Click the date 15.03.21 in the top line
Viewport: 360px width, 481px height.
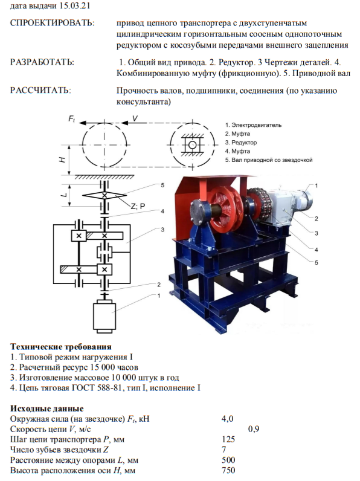[x=74, y=6]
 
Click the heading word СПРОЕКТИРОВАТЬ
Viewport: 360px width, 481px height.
[x=53, y=23]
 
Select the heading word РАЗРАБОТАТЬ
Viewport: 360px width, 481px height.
[x=42, y=62]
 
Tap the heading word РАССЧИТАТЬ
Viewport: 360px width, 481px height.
[x=41, y=91]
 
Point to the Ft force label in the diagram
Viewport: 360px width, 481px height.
[x=71, y=118]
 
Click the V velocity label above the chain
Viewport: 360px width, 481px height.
[x=135, y=118]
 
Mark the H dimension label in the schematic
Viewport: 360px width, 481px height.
[x=62, y=160]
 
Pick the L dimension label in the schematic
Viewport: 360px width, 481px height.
[x=63, y=195]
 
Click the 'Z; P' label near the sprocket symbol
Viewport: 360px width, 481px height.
[x=138, y=207]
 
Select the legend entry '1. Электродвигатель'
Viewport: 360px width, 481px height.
[x=253, y=125]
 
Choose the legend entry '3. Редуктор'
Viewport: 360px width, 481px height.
[x=241, y=143]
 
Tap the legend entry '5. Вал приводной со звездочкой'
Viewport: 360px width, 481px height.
[x=269, y=160]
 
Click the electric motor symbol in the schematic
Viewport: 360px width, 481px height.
[x=104, y=315]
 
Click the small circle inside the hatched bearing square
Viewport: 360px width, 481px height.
[x=192, y=145]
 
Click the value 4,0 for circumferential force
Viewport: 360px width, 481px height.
[x=228, y=419]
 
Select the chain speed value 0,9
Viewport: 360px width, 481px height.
[x=254, y=429]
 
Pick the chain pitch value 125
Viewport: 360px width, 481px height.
[x=228, y=439]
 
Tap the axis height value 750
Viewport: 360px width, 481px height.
[x=228, y=470]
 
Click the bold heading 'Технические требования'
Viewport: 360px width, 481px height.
[x=61, y=347]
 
